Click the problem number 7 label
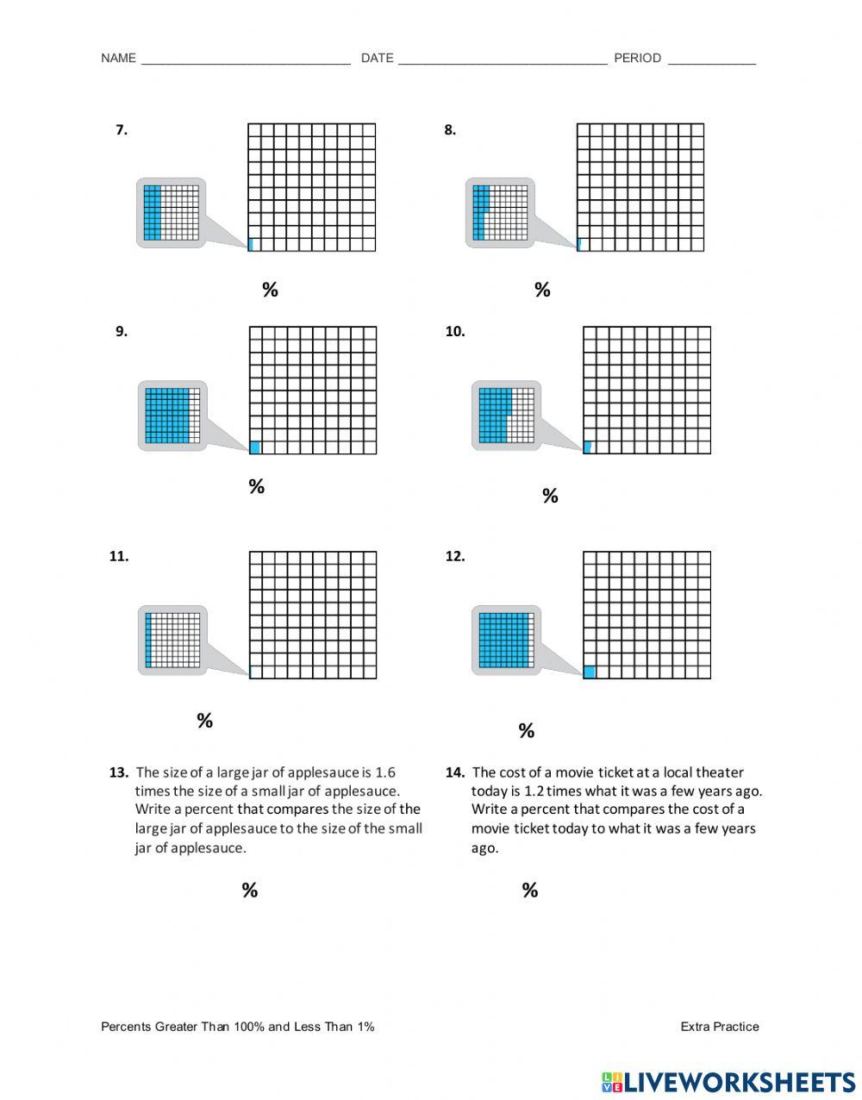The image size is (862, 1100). pyautogui.click(x=122, y=130)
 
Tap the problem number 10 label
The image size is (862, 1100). pyautogui.click(x=454, y=331)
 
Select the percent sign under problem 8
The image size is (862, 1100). pyautogui.click(x=542, y=290)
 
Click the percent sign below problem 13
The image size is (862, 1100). pyautogui.click(x=249, y=891)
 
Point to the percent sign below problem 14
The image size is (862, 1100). pyautogui.click(x=530, y=891)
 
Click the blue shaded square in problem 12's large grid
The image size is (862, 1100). pyautogui.click(x=590, y=672)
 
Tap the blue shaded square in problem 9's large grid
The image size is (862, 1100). pyautogui.click(x=254, y=447)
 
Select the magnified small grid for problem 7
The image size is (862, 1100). pyautogui.click(x=171, y=213)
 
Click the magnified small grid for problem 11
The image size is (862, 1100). pyautogui.click(x=172, y=640)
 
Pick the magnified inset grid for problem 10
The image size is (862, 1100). pyautogui.click(x=506, y=415)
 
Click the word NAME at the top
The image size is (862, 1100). pyautogui.click(x=118, y=59)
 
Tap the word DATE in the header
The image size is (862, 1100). pyautogui.click(x=377, y=59)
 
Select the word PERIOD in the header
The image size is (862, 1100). pyautogui.click(x=637, y=59)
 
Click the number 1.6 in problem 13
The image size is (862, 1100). pyautogui.click(x=385, y=772)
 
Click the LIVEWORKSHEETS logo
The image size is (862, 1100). pyautogui.click(x=728, y=1083)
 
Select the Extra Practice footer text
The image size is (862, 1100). pyautogui.click(x=719, y=1027)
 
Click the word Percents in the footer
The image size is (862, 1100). pyautogui.click(x=126, y=1027)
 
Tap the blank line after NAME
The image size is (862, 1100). pyautogui.click(x=246, y=62)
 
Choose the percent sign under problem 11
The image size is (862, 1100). pyautogui.click(x=204, y=721)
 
